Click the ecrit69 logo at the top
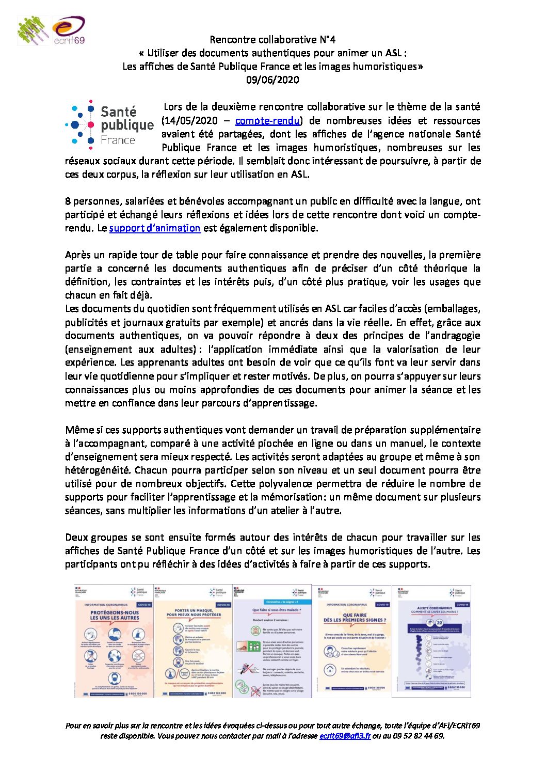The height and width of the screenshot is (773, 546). coord(69,30)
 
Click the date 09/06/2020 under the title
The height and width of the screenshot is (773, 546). coord(272,80)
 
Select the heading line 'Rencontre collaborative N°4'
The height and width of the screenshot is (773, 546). coord(272,39)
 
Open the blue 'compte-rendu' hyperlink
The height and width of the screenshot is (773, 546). coord(267,120)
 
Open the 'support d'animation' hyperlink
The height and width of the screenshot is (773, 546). coord(155,228)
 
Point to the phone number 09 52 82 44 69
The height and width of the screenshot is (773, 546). coord(417,736)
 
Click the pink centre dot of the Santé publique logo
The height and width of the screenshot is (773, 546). coord(91,124)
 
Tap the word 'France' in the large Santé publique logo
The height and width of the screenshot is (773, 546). coord(118,140)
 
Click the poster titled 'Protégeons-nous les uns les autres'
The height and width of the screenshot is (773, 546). coord(114,641)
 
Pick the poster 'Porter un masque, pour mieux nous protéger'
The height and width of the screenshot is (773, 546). coord(194,641)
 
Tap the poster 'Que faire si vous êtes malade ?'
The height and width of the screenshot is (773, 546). coord(272,641)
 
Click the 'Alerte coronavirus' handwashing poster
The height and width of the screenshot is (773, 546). coord(431,641)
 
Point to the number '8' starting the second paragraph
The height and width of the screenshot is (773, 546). coord(68,201)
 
